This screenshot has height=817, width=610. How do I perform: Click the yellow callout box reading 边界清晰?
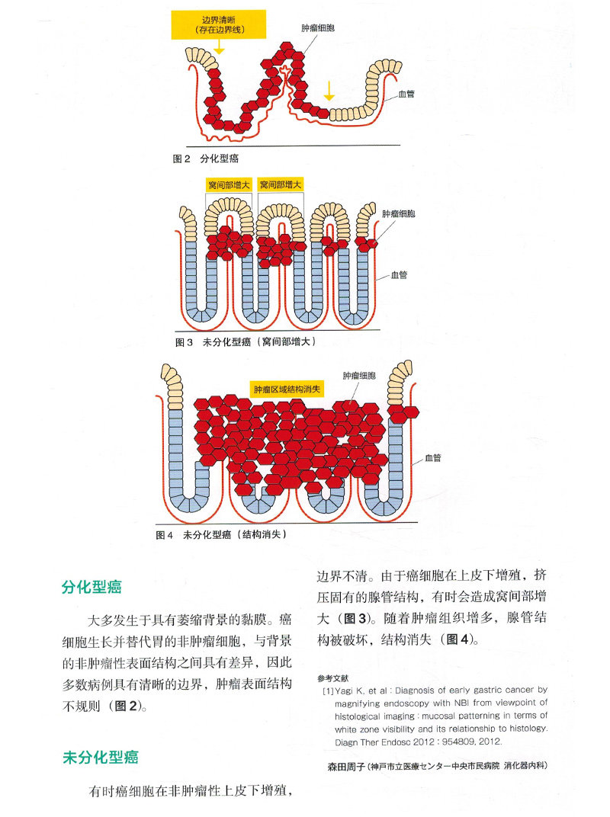tap(219, 24)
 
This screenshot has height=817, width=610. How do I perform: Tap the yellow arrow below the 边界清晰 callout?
tap(220, 46)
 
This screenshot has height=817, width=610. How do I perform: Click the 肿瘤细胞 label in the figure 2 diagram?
tap(318, 28)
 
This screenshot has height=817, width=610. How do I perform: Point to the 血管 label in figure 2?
tap(406, 95)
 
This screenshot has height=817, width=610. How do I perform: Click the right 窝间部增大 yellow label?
tap(281, 184)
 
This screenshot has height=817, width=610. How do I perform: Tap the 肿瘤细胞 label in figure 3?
tap(399, 214)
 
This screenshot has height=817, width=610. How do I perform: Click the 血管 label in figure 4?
tap(433, 458)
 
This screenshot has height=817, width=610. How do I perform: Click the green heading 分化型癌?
tap(91, 588)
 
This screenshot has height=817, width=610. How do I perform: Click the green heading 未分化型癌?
tap(100, 758)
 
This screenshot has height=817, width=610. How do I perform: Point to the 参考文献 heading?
tap(332, 677)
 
